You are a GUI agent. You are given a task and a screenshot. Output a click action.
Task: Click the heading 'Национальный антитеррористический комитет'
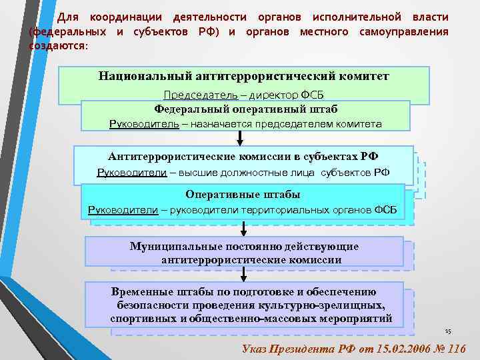point(244,77)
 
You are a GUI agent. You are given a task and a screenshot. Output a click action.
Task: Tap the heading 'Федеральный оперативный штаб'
point(245,109)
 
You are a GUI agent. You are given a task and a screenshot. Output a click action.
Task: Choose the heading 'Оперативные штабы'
point(243,195)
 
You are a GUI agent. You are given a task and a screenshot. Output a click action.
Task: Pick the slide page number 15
point(448,331)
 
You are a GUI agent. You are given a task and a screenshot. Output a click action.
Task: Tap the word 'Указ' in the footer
point(253,348)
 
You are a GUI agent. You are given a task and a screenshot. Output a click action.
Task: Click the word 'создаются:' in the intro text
point(58,45)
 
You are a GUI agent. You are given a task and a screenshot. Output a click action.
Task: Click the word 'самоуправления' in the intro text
point(407,31)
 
